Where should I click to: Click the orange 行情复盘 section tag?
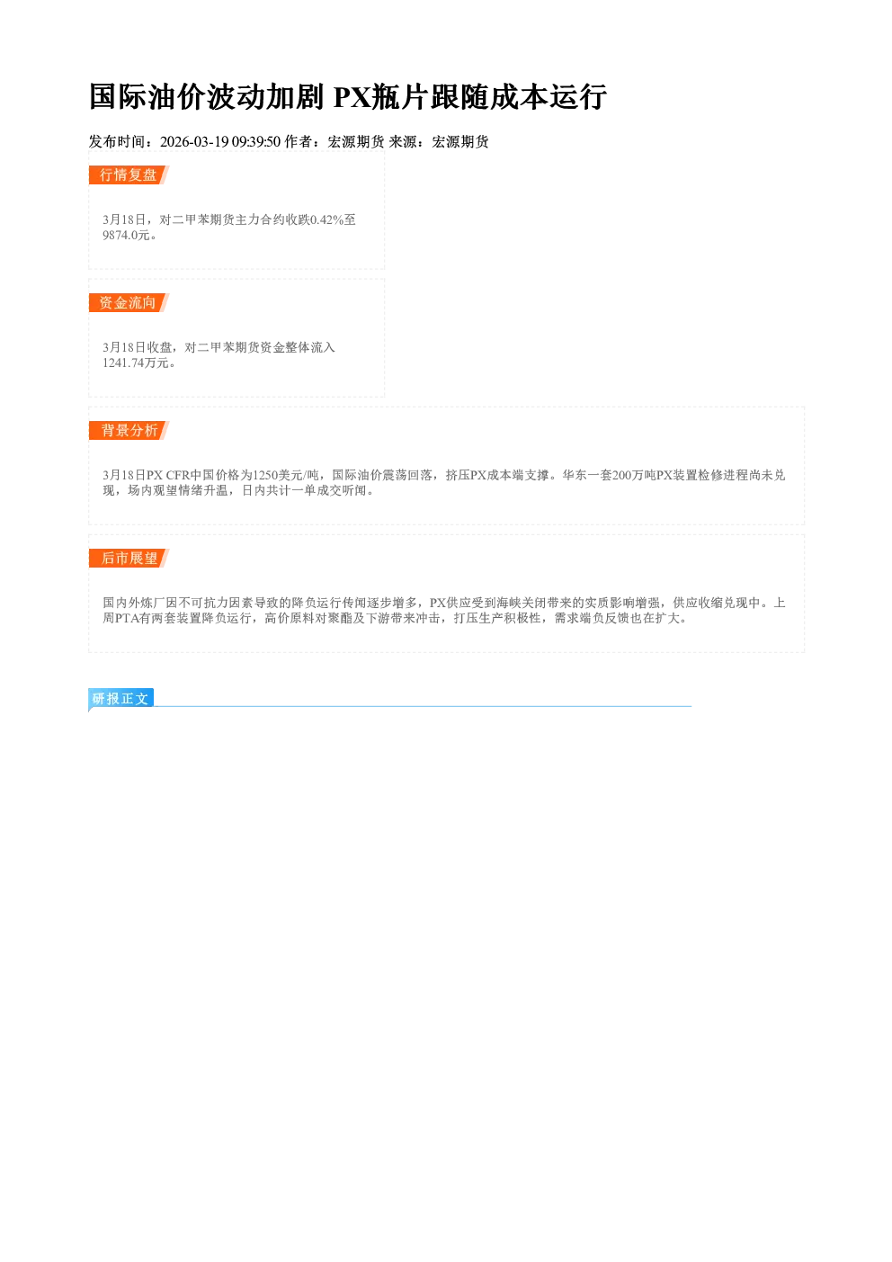(x=129, y=175)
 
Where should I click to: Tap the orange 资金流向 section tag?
(x=129, y=302)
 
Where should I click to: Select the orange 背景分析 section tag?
(x=129, y=431)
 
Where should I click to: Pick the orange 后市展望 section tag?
(x=129, y=559)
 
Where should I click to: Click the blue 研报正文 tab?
(x=121, y=699)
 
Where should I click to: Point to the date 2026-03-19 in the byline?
(x=194, y=141)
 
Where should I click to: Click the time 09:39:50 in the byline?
(x=256, y=141)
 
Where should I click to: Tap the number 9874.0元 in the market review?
(x=126, y=235)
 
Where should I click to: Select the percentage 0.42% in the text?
(x=326, y=219)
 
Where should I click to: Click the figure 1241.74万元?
(x=136, y=362)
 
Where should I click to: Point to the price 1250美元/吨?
(x=286, y=475)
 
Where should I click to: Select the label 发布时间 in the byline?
(x=117, y=141)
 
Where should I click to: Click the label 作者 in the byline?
(x=299, y=141)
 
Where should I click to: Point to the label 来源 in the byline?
(x=403, y=141)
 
